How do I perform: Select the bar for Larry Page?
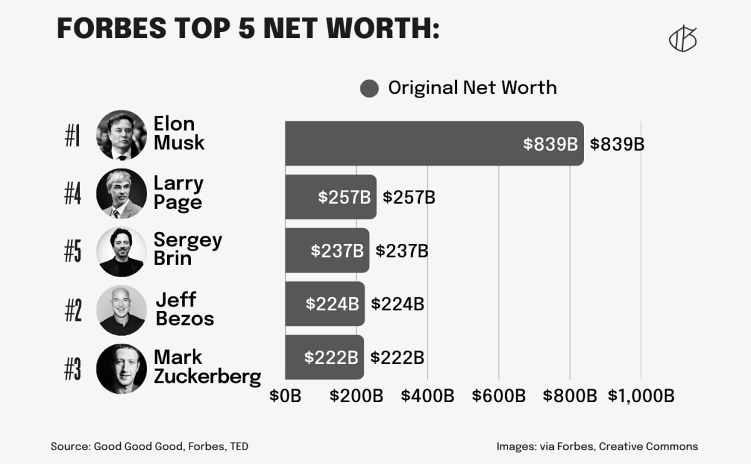click(330, 197)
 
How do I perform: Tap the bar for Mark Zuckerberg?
click(324, 357)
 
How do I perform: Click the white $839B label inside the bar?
click(550, 144)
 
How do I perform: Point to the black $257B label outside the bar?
click(409, 198)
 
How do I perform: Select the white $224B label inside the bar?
click(332, 304)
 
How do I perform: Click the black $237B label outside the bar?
click(402, 251)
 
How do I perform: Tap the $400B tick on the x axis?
click(427, 396)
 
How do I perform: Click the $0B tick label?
click(285, 396)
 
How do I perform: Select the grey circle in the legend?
click(370, 88)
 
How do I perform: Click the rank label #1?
click(73, 136)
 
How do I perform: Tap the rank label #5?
click(73, 251)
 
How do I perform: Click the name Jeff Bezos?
click(185, 309)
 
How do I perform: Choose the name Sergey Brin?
click(187, 249)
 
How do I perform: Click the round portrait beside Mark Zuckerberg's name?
click(121, 368)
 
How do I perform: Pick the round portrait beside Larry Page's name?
click(121, 193)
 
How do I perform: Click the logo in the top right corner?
click(683, 40)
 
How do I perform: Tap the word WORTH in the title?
click(359, 28)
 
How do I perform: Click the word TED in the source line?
click(238, 446)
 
